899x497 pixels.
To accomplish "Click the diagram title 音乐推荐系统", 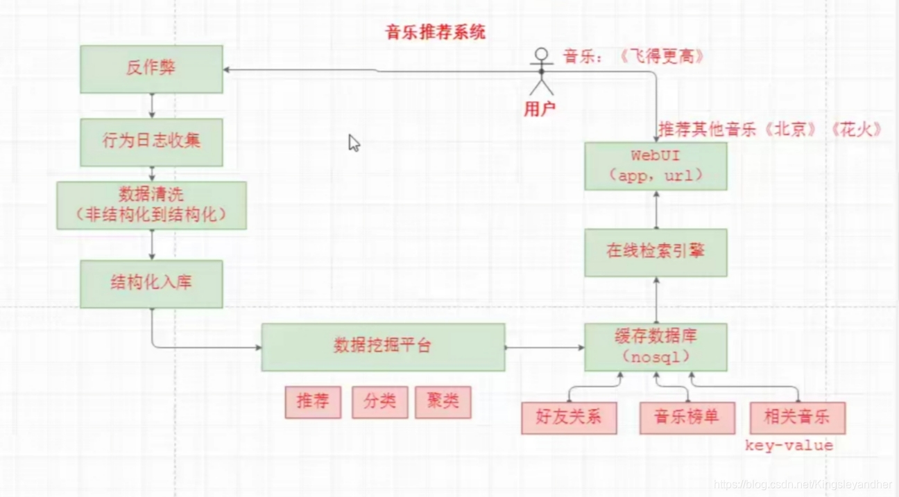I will coord(436,32).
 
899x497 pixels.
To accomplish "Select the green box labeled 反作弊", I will coord(151,69).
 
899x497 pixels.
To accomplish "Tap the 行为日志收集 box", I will coord(151,141).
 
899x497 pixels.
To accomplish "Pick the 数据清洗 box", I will coord(151,205).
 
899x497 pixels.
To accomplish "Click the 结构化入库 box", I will coord(151,284).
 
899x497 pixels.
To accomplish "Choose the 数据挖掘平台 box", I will coord(383,346).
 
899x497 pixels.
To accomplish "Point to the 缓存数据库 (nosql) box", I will coord(656,347).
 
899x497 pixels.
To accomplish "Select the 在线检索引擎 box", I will coord(656,252).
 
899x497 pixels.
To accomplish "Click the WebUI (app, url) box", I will coord(656,166).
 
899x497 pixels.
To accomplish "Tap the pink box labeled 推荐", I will coord(313,402).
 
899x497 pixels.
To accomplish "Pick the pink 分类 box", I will coord(379,402).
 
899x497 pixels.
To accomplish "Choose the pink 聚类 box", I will coord(443,402).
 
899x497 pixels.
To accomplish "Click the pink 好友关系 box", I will coord(569,417).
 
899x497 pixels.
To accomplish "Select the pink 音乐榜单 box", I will coord(687,417).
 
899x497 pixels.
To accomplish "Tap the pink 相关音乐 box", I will coord(798,417).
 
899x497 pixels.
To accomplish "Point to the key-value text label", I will coord(789,446).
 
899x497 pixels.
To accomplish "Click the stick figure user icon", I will coord(541,71).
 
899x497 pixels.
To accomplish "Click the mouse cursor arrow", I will coord(354,143).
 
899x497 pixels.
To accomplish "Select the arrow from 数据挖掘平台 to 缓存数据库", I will coord(545,347).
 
